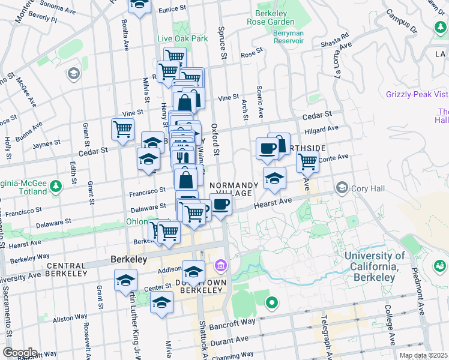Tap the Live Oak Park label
tap(182, 38)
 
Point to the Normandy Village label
tap(235, 189)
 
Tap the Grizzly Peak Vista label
tap(417, 94)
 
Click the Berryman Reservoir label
tap(288, 37)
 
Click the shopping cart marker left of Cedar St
tap(122, 129)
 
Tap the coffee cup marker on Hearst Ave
tap(221, 204)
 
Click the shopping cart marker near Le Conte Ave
tap(307, 160)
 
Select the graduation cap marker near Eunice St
tap(140, 5)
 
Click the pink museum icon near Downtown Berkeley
tap(220, 265)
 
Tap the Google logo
tap(20, 352)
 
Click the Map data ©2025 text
tap(423, 355)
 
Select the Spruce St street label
tap(222, 47)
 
